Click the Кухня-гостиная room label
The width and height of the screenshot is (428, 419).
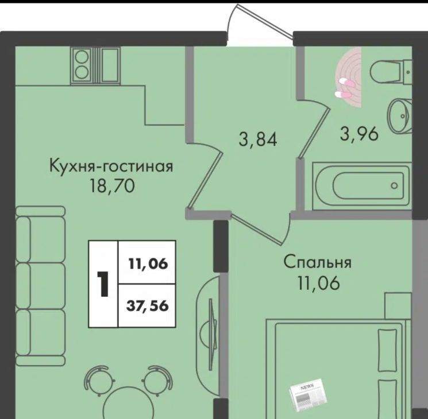[111, 165]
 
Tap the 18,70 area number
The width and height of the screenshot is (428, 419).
[111, 187]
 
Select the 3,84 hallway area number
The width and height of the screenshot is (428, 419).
[258, 139]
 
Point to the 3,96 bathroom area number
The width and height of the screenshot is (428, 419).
[359, 134]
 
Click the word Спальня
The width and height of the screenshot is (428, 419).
[318, 262]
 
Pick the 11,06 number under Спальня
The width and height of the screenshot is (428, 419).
[318, 283]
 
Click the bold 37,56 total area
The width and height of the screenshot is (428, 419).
[147, 306]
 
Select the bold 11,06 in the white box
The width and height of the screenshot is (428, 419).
[148, 264]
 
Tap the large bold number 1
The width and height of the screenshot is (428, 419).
[103, 284]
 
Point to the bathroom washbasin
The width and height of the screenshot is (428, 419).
[400, 116]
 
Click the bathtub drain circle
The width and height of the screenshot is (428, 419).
[394, 186]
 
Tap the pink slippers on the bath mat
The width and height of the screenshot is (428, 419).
[345, 88]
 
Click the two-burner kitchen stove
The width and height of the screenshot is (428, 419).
[82, 65]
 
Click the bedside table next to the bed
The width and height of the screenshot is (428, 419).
[398, 306]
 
